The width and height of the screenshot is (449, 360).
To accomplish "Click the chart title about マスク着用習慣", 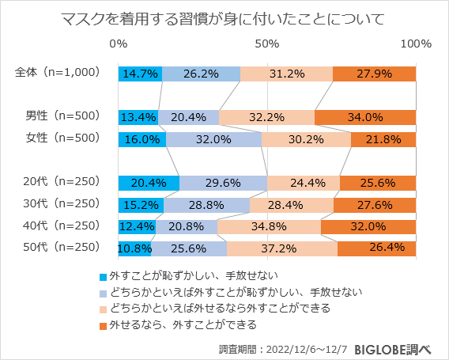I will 224,17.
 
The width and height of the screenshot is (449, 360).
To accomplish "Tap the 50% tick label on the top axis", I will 267,43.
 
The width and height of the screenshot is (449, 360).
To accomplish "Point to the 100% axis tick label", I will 416,43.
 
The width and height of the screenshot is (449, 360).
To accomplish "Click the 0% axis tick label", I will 119,43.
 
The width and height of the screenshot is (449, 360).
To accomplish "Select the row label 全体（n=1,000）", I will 58,73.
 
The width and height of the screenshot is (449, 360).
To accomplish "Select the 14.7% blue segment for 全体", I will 140,74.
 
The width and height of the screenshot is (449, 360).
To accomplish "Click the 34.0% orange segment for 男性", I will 365,118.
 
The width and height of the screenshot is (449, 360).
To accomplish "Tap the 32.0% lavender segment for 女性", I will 213,139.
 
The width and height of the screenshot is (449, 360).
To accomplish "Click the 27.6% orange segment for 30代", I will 375,205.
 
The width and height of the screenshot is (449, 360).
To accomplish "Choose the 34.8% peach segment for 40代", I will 269,226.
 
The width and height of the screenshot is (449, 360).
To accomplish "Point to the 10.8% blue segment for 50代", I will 134,248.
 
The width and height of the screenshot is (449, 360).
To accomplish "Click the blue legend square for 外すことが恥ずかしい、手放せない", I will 102,276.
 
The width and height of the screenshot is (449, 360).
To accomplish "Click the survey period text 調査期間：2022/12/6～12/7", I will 282,348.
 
